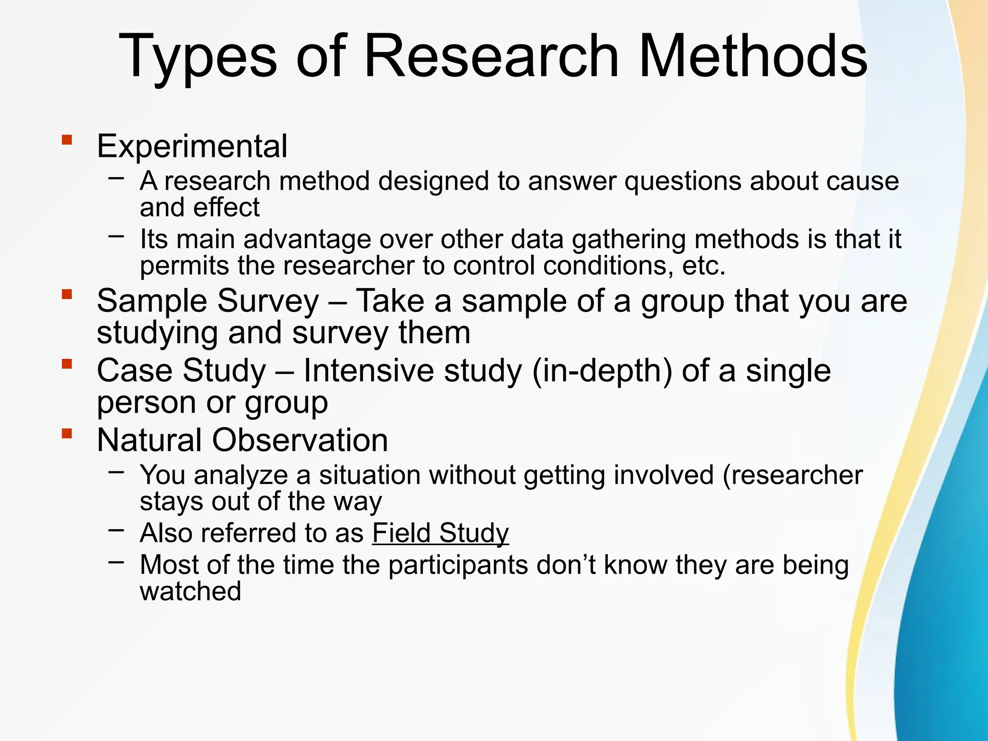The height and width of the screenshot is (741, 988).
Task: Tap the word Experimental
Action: click(x=192, y=146)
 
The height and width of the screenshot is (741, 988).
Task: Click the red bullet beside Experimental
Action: click(x=67, y=140)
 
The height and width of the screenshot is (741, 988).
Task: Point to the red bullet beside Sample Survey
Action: click(x=67, y=294)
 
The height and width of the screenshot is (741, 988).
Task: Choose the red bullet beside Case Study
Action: click(x=67, y=364)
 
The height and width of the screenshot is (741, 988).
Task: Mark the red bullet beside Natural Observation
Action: click(x=67, y=433)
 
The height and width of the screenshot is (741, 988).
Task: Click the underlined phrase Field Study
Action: click(x=440, y=533)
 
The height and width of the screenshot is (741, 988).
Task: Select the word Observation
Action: click(x=300, y=440)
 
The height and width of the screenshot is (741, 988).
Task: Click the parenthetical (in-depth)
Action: click(x=602, y=371)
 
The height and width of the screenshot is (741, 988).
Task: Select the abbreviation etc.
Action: click(x=703, y=266)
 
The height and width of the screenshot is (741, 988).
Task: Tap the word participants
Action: click(x=458, y=565)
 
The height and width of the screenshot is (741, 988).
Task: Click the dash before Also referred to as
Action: click(x=116, y=530)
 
